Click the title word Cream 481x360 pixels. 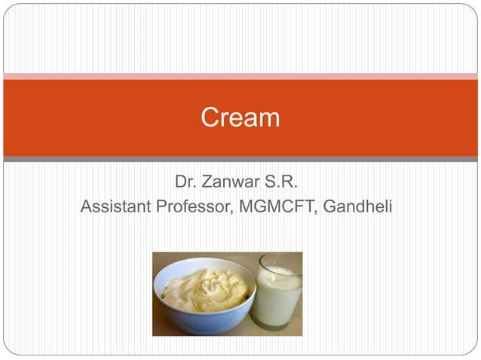240,117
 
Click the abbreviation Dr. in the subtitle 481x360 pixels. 185,182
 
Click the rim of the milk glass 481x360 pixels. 279,260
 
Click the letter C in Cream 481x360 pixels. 210,117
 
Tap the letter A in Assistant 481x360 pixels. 86,206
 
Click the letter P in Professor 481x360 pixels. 161,206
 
